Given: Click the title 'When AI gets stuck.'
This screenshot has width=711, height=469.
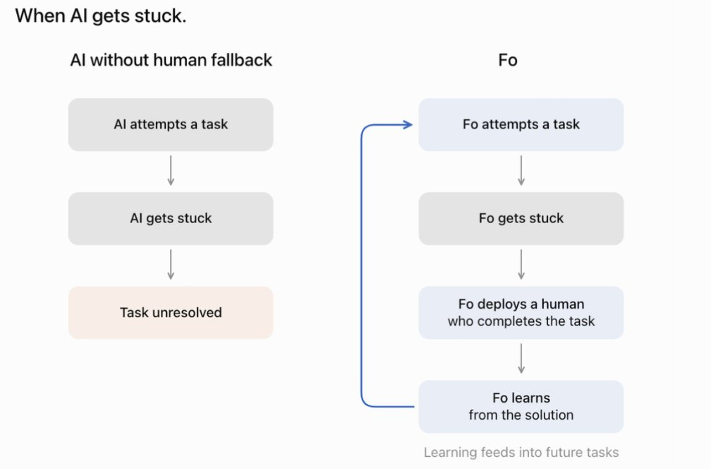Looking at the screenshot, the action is tap(101, 16).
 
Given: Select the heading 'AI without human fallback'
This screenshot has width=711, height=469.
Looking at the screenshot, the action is tap(171, 60).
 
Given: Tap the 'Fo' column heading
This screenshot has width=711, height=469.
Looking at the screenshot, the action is tap(508, 60).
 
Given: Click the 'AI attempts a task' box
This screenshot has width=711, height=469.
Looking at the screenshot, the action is tap(171, 124).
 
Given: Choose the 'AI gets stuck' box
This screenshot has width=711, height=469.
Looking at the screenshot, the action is tap(171, 218).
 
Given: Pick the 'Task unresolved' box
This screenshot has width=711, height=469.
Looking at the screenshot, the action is tap(171, 312).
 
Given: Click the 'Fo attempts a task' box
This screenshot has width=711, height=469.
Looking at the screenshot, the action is tap(521, 124).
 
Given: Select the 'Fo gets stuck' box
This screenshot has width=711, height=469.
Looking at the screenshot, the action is tap(521, 218).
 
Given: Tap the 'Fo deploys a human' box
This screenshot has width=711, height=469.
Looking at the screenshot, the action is tap(521, 312).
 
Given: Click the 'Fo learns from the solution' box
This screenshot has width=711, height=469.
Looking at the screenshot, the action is tap(521, 406).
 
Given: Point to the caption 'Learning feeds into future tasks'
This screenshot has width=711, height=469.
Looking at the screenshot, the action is tap(521, 452).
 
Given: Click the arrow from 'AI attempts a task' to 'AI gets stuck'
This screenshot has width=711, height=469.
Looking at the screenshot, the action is tap(171, 171).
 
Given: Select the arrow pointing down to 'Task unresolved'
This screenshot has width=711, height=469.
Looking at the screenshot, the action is tap(171, 265).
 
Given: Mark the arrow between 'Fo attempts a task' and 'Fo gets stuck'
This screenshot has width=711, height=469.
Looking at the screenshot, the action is tap(521, 171).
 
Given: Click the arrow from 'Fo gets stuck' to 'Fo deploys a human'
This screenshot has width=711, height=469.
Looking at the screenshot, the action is tap(521, 265).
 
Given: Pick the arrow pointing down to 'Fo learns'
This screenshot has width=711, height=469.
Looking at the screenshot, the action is tap(521, 359).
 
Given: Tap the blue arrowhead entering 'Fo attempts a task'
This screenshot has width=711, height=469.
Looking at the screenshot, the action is tap(408, 124).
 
